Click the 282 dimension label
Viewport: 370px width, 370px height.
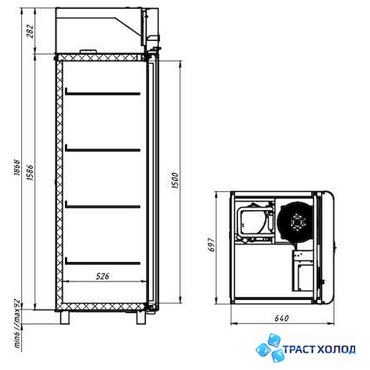tap(30, 31)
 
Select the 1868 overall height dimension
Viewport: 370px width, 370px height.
tap(17, 167)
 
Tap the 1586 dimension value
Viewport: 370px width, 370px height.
tap(30, 172)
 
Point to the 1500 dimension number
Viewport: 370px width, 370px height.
tap(175, 180)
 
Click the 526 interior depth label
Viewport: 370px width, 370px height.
tap(102, 276)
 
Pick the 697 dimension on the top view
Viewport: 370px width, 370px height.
tap(212, 244)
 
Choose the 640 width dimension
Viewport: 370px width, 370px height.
tap(282, 318)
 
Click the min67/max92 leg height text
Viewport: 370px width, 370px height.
tap(18, 323)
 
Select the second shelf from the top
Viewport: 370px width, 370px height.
tap(103, 149)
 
